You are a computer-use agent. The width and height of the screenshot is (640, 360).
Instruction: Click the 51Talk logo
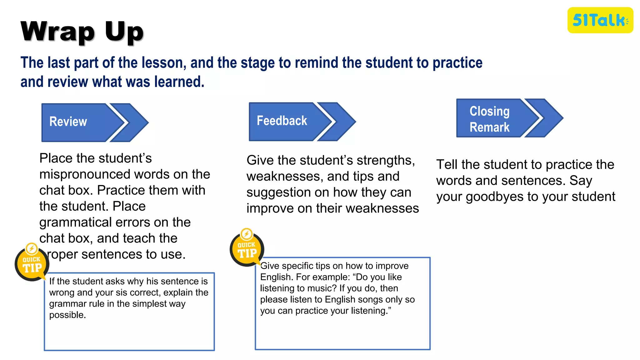[600, 20]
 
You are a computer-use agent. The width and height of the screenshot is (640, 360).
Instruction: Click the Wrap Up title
[82, 31]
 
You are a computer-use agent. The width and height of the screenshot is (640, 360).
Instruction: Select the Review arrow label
[68, 122]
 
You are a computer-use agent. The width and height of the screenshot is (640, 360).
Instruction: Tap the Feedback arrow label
[282, 121]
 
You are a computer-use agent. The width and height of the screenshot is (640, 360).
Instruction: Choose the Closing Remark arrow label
[489, 119]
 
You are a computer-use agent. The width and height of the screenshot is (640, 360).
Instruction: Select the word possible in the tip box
[67, 315]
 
